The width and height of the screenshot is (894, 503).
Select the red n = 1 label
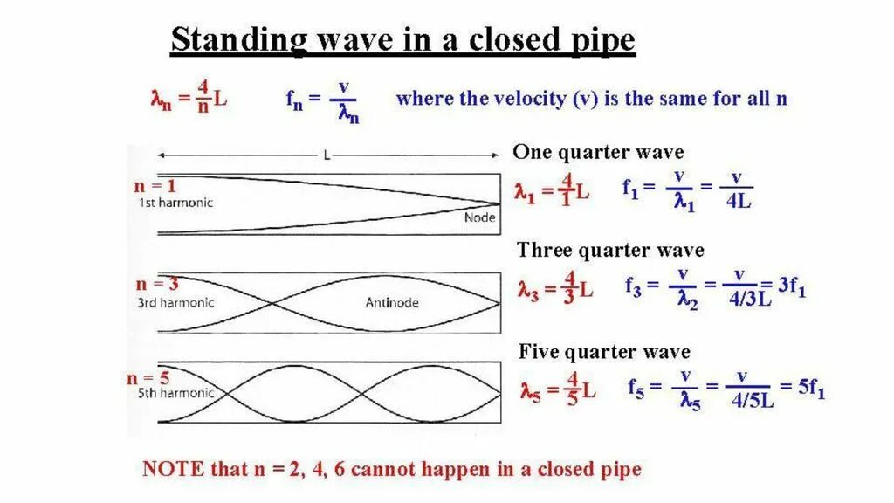[155, 186]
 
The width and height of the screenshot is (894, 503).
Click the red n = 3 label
[157, 285]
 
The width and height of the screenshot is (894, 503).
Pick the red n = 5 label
[148, 378]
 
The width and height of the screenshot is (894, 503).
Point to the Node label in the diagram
[479, 217]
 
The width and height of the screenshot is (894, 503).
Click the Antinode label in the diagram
[391, 303]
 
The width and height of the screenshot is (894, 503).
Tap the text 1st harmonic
[175, 203]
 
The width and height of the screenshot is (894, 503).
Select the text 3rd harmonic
[175, 303]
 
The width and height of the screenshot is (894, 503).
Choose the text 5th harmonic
[175, 393]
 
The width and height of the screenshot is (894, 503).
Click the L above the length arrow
[327, 155]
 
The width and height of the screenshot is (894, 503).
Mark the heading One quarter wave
[598, 152]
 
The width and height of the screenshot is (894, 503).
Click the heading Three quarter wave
[609, 251]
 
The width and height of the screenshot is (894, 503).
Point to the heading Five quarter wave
[604, 352]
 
